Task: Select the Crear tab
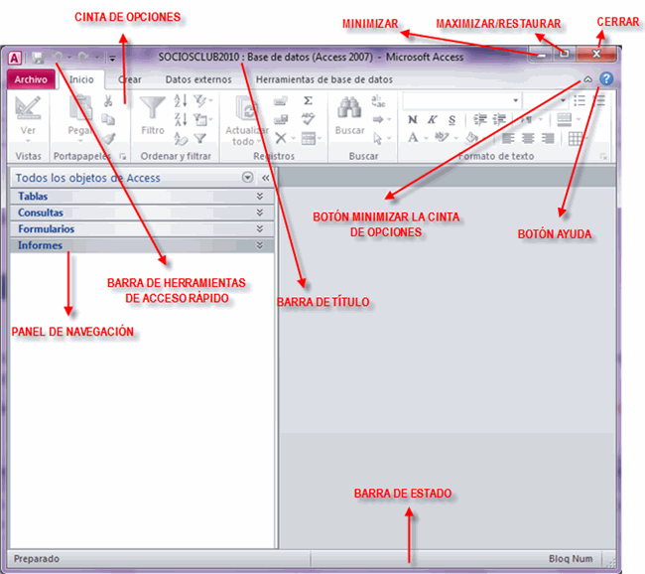(x=129, y=78)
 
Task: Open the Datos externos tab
(x=196, y=78)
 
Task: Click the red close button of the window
(x=596, y=55)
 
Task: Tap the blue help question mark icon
(x=606, y=78)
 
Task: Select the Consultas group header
(x=41, y=213)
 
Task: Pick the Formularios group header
(x=46, y=229)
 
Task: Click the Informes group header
(x=40, y=245)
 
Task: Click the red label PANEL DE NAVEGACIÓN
(x=71, y=331)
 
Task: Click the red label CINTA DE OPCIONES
(x=128, y=16)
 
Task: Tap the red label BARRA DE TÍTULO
(x=323, y=300)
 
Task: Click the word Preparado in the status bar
(x=37, y=559)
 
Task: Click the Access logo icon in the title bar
(x=15, y=58)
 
